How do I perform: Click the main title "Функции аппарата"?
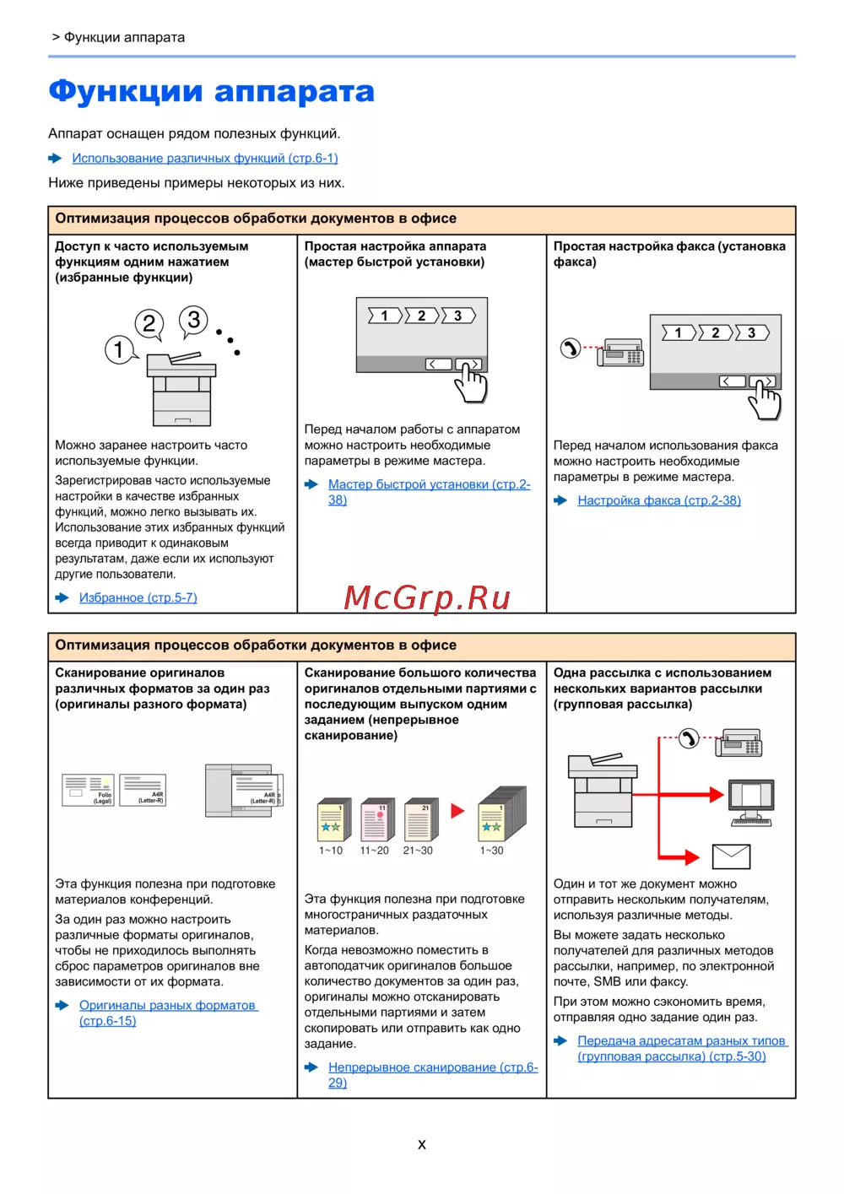tap(211, 91)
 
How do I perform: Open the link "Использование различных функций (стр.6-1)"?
tap(204, 158)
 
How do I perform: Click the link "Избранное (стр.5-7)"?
tap(138, 597)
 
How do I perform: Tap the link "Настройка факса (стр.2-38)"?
tap(658, 500)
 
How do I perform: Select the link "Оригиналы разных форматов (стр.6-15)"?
tap(168, 1005)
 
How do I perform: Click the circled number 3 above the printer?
tap(193, 320)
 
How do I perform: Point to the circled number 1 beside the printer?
tap(119, 348)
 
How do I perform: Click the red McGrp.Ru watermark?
tap(427, 597)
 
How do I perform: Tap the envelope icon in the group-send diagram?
tap(731, 856)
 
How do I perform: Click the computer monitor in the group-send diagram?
tap(751, 797)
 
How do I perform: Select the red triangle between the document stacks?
tap(457, 811)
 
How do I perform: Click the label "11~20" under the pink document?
tap(374, 851)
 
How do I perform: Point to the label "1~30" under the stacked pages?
tap(491, 851)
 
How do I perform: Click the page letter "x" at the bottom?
tap(422, 1144)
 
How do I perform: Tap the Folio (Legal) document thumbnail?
tap(88, 790)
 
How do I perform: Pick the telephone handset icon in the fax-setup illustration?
tap(571, 348)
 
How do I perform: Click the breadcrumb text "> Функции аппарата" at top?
tap(118, 37)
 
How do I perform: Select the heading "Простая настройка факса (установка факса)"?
tap(669, 254)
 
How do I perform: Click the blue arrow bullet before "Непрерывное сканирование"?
tap(311, 1067)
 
